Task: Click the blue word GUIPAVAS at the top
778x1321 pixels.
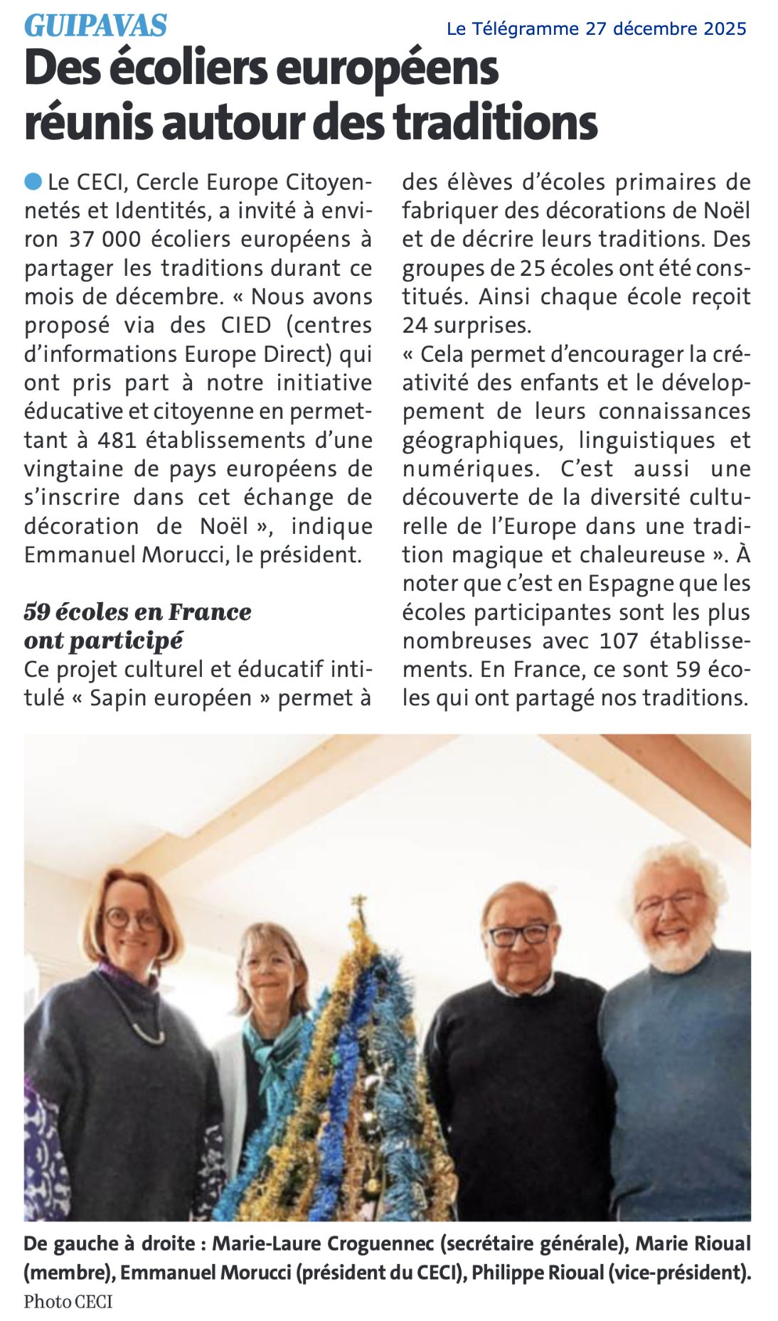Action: [95, 26]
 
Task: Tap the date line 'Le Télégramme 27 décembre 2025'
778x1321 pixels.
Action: [596, 28]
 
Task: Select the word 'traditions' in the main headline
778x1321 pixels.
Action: [495, 122]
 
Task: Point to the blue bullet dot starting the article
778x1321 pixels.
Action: [33, 182]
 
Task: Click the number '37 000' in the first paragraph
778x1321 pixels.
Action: [105, 240]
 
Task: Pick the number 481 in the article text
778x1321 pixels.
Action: [117, 440]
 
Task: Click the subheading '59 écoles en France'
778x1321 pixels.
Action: [137, 611]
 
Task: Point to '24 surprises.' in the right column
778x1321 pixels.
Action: [467, 326]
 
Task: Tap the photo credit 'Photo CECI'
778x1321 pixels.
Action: [68, 1301]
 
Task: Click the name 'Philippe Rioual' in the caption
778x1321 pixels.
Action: [538, 1272]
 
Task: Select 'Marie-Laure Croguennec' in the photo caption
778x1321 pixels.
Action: [323, 1244]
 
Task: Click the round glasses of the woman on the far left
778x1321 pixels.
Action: [132, 919]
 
